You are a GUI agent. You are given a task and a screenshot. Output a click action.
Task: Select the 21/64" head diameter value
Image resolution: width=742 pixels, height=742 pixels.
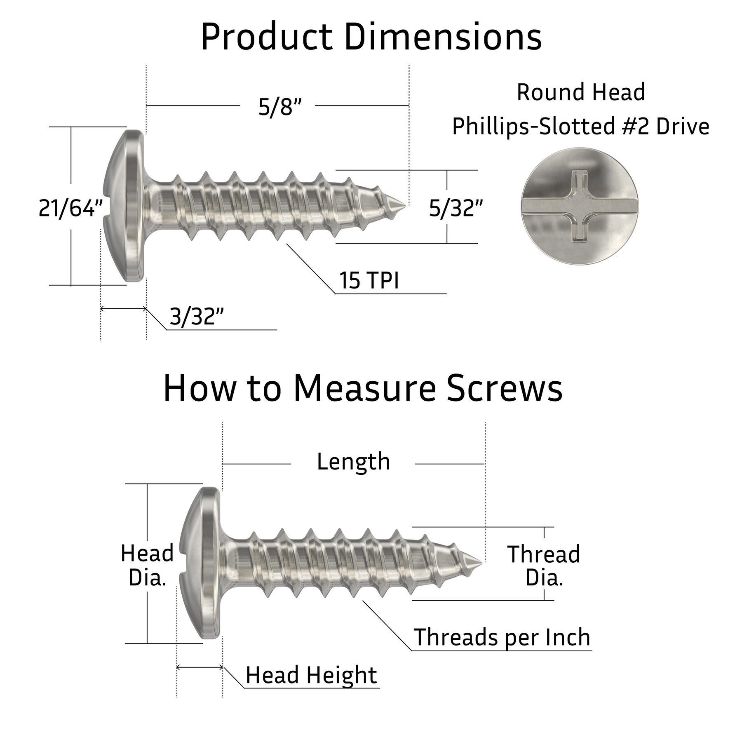pyautogui.click(x=70, y=208)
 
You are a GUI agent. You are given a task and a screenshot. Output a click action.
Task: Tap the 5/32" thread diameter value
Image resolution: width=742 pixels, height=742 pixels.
pyautogui.click(x=456, y=208)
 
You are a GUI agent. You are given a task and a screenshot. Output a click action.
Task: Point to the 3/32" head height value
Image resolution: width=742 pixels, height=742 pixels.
pyautogui.click(x=197, y=317)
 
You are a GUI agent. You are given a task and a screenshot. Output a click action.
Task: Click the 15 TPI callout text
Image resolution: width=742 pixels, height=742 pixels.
pyautogui.click(x=369, y=281)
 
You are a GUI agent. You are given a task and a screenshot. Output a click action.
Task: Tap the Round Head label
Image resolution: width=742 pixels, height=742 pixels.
pyautogui.click(x=580, y=92)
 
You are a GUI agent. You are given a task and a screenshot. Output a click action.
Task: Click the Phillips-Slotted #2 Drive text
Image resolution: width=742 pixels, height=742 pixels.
pyautogui.click(x=580, y=126)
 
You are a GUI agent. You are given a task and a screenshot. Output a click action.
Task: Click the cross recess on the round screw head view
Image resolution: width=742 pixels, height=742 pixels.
pyautogui.click(x=579, y=206)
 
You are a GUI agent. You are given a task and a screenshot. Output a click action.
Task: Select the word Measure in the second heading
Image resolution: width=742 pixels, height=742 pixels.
pyautogui.click(x=364, y=389)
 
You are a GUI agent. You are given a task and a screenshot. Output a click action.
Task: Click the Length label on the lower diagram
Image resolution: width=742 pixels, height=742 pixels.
pyautogui.click(x=353, y=462)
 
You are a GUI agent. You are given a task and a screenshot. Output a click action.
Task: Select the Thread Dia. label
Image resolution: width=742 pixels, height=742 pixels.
pyautogui.click(x=544, y=566)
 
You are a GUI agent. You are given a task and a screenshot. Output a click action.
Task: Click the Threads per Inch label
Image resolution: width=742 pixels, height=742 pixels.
pyautogui.click(x=502, y=637)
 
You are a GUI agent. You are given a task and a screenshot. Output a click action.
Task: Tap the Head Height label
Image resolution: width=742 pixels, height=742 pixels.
pyautogui.click(x=311, y=675)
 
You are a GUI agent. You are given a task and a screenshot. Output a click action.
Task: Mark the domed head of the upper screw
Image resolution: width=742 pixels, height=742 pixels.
pyautogui.click(x=124, y=206)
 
